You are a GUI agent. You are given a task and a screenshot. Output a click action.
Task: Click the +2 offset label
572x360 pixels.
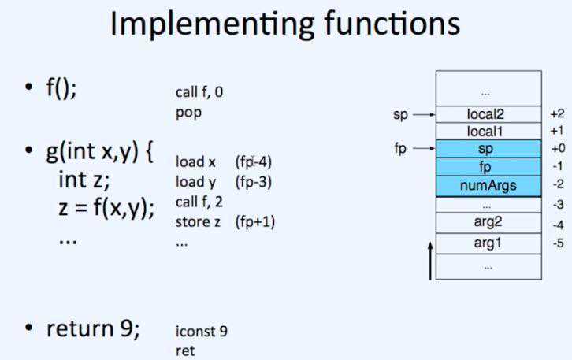coord(557,114)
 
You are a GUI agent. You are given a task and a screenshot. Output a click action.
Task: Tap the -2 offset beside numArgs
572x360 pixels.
coord(557,185)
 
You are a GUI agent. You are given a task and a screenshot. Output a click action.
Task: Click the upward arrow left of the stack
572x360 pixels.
coord(430,261)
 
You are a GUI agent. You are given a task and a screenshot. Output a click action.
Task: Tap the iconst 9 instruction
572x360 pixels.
coord(201,331)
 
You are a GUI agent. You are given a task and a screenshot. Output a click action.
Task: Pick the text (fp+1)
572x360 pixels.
coord(254,221)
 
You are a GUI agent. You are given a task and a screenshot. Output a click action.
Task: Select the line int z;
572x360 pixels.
coord(84,181)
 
